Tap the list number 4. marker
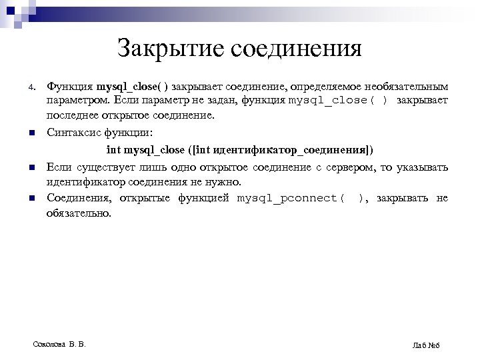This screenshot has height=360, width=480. pyautogui.click(x=31, y=88)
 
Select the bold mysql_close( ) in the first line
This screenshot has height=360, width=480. pyautogui.click(x=133, y=87)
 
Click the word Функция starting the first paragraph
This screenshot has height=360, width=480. pyautogui.click(x=70, y=87)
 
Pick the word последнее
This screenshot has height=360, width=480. pyautogui.click(x=73, y=115)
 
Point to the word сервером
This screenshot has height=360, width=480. pyautogui.click(x=356, y=166)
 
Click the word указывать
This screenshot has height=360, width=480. pyautogui.click(x=423, y=166)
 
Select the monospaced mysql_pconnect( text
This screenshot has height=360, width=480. pyautogui.click(x=291, y=199)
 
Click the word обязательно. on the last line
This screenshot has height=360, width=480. pyautogui.click(x=79, y=213)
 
